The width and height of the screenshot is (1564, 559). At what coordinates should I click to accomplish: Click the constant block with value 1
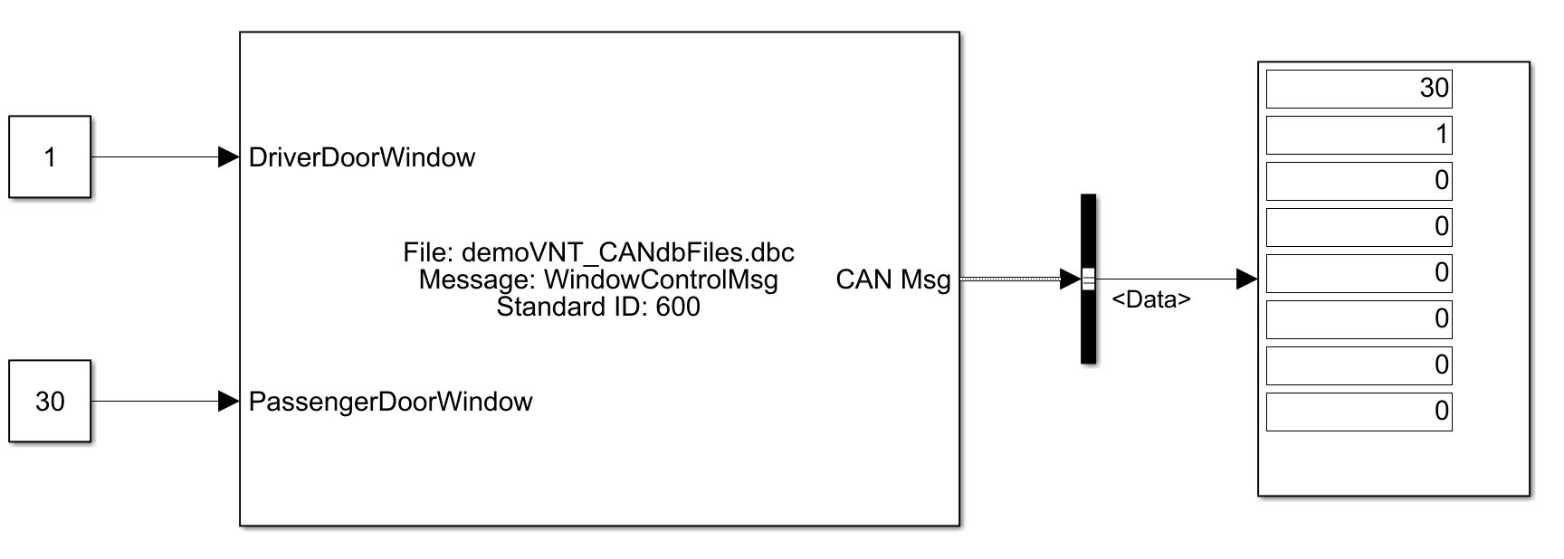click(x=50, y=156)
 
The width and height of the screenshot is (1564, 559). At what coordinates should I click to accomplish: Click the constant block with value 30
click(x=50, y=401)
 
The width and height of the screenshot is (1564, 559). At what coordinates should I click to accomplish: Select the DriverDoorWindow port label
click(x=362, y=157)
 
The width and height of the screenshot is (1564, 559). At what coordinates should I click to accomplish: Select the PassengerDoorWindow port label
click(x=390, y=402)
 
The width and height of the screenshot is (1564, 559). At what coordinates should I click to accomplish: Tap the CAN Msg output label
click(x=892, y=279)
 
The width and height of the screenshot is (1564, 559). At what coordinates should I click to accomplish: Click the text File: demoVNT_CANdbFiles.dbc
click(x=598, y=252)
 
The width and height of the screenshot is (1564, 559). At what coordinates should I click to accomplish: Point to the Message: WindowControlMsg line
click(x=598, y=279)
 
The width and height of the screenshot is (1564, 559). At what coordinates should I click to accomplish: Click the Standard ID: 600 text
click(x=598, y=307)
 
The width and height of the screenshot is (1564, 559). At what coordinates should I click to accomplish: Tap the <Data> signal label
click(x=1150, y=299)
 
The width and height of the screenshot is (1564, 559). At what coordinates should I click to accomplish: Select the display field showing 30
click(x=1359, y=89)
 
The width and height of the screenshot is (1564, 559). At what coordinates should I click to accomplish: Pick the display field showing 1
click(x=1359, y=135)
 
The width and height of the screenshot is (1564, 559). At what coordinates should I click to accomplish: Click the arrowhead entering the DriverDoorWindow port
click(x=228, y=156)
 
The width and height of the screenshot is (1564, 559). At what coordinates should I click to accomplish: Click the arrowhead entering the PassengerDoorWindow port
click(x=228, y=401)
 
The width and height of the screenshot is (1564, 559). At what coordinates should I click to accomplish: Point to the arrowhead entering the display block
click(x=1246, y=279)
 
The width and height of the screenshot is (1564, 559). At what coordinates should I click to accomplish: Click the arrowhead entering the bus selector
click(x=1070, y=279)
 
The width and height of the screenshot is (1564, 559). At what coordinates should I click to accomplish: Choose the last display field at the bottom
click(x=1359, y=412)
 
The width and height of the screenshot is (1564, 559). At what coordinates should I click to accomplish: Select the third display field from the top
click(x=1359, y=181)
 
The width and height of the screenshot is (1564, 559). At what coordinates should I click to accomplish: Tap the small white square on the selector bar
click(x=1088, y=279)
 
